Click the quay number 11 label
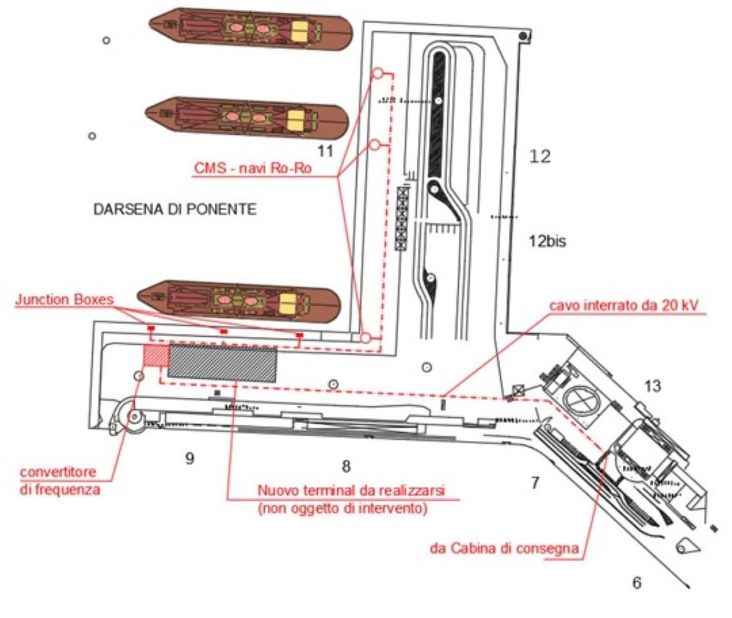[326, 149]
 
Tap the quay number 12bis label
[547, 241]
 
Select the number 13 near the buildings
[652, 386]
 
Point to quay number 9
[190, 458]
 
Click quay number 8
[346, 467]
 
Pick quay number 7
[534, 483]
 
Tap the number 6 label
[637, 583]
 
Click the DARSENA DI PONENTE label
[174, 209]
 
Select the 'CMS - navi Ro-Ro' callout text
[253, 168]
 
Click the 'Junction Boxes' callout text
[65, 300]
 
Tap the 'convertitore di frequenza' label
[59, 481]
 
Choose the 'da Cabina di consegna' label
[504, 548]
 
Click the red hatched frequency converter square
[155, 356]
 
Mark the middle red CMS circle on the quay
[376, 145]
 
